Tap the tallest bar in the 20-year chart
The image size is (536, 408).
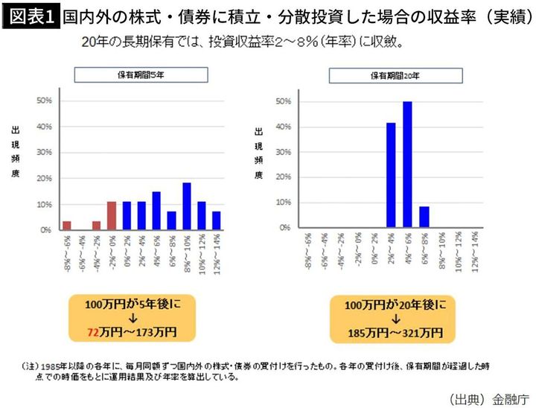(x=407, y=164)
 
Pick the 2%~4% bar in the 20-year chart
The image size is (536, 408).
(x=391, y=175)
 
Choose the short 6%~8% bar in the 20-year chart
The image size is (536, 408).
(x=424, y=217)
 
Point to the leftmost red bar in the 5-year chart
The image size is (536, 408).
(x=67, y=226)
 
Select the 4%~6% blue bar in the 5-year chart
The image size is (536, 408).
(x=156, y=211)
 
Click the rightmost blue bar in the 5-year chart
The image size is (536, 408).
(x=217, y=220)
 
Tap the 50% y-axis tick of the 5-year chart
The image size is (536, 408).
(x=44, y=101)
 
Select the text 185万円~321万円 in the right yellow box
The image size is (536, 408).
(x=394, y=331)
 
